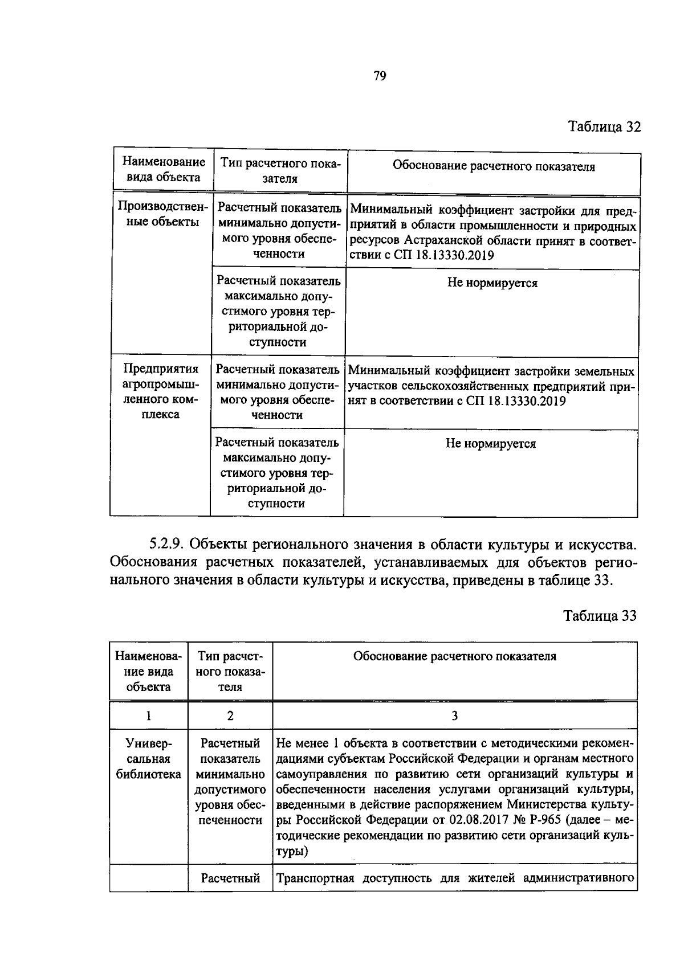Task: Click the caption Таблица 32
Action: (x=604, y=126)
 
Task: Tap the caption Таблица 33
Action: (x=599, y=616)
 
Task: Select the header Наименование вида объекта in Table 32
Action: (x=163, y=170)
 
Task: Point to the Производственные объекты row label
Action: (x=162, y=214)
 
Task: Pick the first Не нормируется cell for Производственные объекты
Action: (x=492, y=283)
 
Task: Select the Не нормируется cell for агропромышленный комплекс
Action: (x=490, y=444)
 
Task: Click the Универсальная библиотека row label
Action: (x=148, y=759)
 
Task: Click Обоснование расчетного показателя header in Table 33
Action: (x=454, y=656)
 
